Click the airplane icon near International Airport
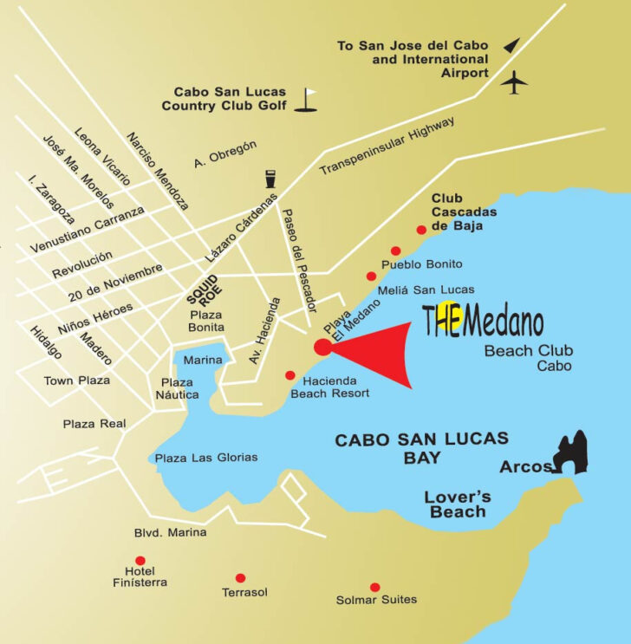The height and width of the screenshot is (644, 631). point(516,83)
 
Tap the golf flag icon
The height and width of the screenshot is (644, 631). point(307,100)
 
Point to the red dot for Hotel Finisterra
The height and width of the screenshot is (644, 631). point(140,561)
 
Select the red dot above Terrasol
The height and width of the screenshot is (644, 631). point(240,577)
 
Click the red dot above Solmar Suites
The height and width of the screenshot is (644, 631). point(374,587)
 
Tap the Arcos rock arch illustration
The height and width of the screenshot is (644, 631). point(573,453)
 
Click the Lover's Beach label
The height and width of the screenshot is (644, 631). point(458,504)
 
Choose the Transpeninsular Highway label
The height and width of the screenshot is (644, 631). point(387,146)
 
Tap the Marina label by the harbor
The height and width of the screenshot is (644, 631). point(203,360)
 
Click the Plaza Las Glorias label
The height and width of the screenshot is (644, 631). point(205,458)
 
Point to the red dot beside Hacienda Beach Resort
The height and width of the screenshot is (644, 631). point(289,375)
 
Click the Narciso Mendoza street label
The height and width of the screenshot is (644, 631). point(157,171)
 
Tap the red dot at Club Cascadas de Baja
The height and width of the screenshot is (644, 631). point(421,230)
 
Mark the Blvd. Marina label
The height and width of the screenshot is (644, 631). point(170,532)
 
